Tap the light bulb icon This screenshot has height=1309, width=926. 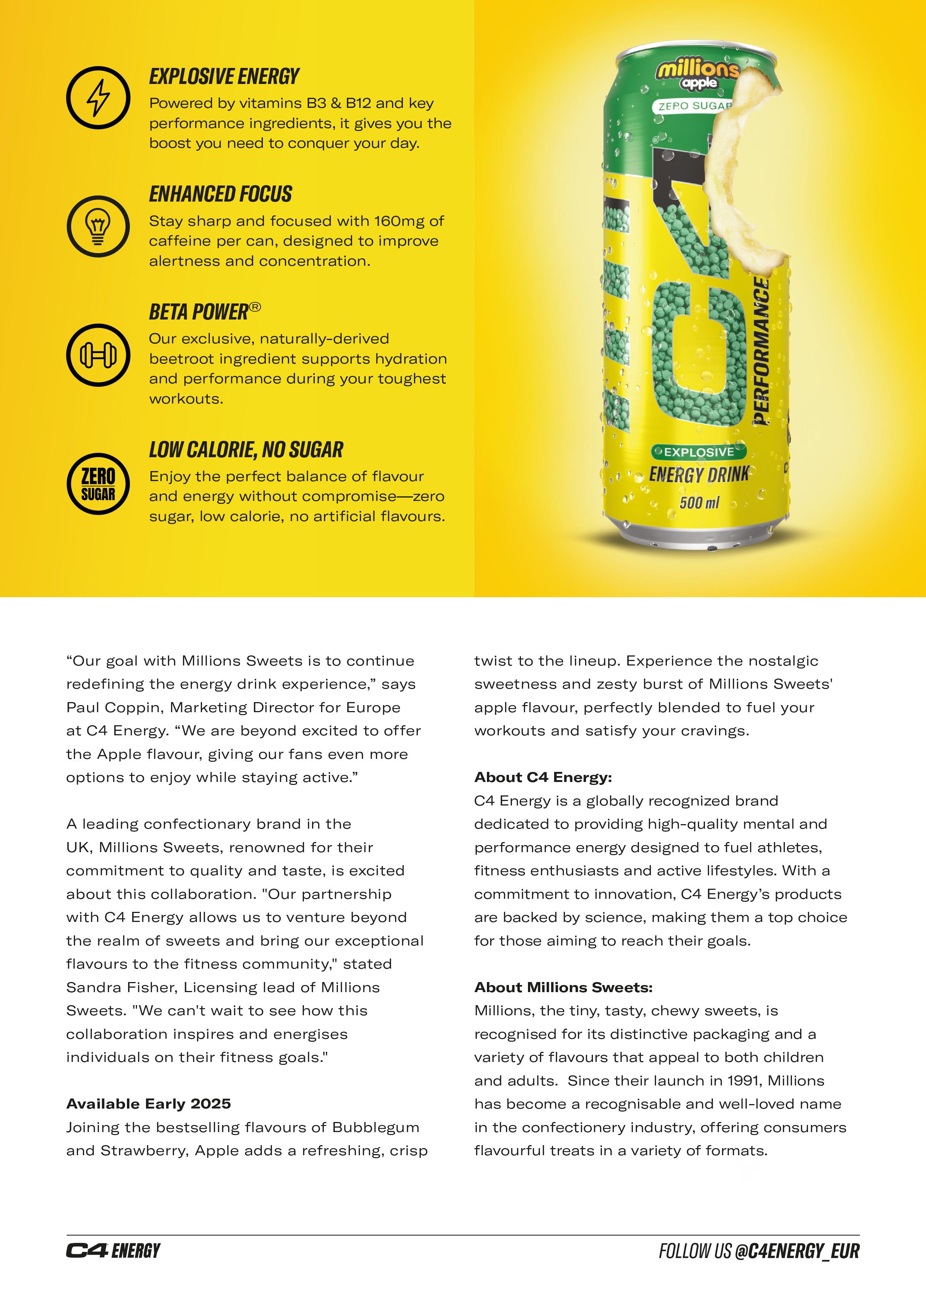[x=98, y=226]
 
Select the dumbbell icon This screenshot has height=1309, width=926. [x=98, y=355]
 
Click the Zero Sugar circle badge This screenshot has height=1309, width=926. [x=98, y=484]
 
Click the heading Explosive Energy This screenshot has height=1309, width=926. [x=224, y=77]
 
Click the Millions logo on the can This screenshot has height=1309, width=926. [x=697, y=72]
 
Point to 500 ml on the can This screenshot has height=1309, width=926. [x=699, y=502]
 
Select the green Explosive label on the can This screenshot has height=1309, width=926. [x=699, y=452]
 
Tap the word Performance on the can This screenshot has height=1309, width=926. [x=762, y=350]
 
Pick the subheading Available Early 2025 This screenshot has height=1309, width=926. [x=148, y=1104]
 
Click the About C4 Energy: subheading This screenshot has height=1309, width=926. [x=543, y=777]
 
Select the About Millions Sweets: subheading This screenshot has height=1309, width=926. [x=563, y=988]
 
